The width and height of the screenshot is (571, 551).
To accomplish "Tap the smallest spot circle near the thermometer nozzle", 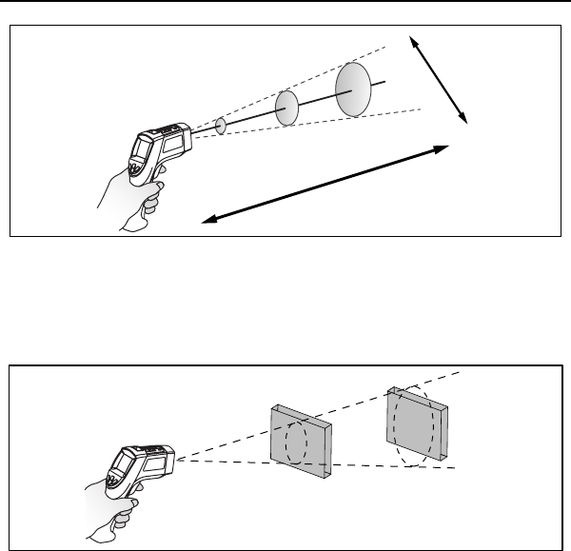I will click(x=221, y=126).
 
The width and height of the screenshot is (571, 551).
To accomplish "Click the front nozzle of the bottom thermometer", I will click(x=171, y=459).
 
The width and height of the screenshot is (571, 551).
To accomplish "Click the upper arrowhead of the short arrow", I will click(x=412, y=40).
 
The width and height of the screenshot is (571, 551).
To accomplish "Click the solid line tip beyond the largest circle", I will click(x=383, y=81).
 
